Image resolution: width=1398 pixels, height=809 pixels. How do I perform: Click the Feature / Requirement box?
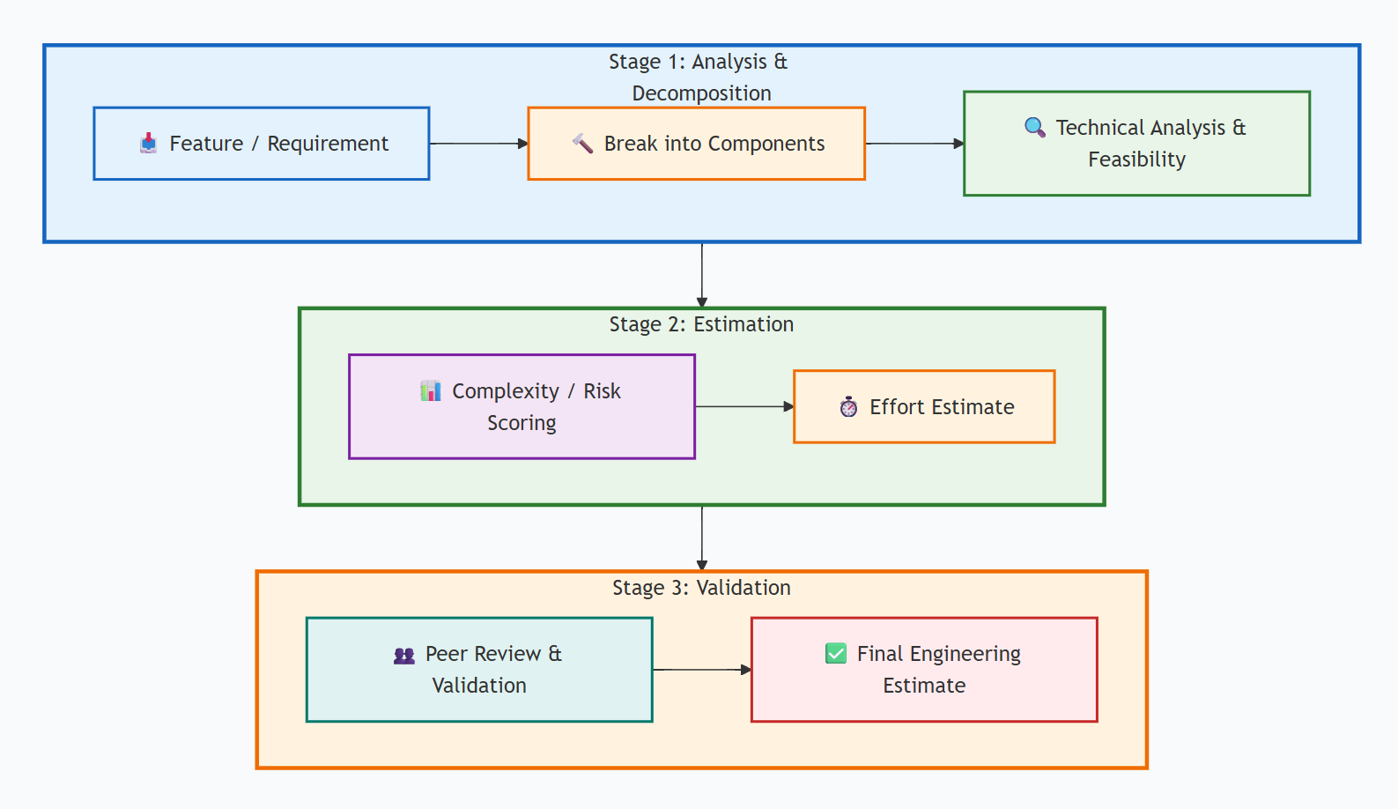[262, 144]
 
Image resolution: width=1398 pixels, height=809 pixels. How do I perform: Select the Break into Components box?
[696, 144]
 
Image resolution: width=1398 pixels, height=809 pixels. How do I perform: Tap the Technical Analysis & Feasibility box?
[1136, 144]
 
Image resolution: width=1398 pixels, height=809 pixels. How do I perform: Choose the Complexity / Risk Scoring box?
[521, 406]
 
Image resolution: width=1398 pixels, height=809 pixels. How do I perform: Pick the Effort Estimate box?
[924, 406]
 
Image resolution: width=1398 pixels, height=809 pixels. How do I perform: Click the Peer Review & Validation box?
[479, 670]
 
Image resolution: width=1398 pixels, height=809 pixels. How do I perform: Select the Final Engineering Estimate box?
[924, 670]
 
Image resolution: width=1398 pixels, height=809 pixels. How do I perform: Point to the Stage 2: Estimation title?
[701, 324]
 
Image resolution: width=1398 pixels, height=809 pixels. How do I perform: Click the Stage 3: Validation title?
[701, 588]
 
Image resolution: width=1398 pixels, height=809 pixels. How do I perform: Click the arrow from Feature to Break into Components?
[478, 144]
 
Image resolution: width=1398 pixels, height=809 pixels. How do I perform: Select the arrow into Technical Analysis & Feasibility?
[914, 144]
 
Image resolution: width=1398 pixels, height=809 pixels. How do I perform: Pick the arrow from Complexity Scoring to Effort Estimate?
[744, 406]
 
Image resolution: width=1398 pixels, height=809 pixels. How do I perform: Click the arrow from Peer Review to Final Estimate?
[701, 670]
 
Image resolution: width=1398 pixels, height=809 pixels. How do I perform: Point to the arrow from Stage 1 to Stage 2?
[702, 275]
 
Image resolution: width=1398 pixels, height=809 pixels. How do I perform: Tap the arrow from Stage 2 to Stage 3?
[702, 538]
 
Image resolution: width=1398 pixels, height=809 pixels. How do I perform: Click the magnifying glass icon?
[1035, 128]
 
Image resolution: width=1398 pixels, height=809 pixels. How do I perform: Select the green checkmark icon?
[835, 653]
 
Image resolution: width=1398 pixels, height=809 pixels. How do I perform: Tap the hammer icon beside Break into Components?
[582, 144]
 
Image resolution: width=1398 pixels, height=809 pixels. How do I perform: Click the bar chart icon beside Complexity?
[431, 390]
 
